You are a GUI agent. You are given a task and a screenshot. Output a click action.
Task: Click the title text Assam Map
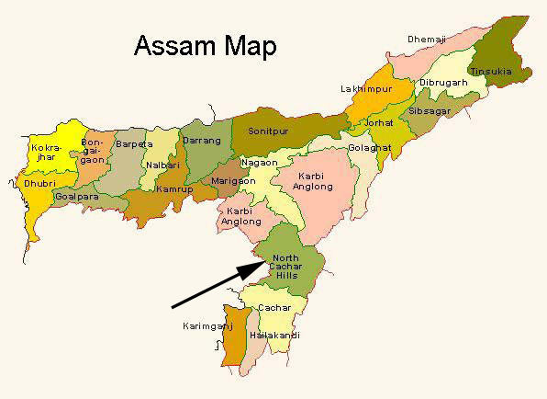click(x=206, y=46)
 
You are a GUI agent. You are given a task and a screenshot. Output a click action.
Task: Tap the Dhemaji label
click(x=428, y=40)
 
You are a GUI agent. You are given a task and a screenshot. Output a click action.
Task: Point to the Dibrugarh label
click(x=444, y=83)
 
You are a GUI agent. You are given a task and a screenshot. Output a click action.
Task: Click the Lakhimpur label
click(x=364, y=89)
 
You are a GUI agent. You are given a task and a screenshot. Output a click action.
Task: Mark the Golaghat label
click(x=368, y=148)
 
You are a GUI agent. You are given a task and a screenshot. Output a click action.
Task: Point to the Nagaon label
click(x=257, y=163)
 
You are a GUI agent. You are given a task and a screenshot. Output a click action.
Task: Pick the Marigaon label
click(x=228, y=181)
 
